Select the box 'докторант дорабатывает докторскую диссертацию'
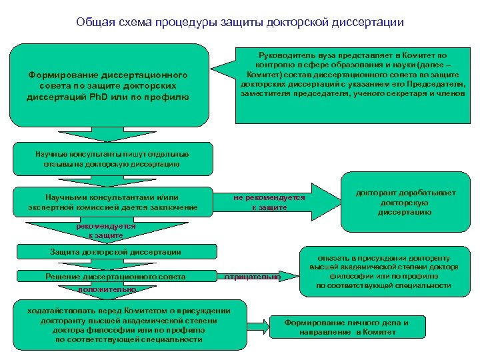(405, 202)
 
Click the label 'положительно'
(107, 289)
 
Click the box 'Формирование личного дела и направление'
(346, 327)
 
